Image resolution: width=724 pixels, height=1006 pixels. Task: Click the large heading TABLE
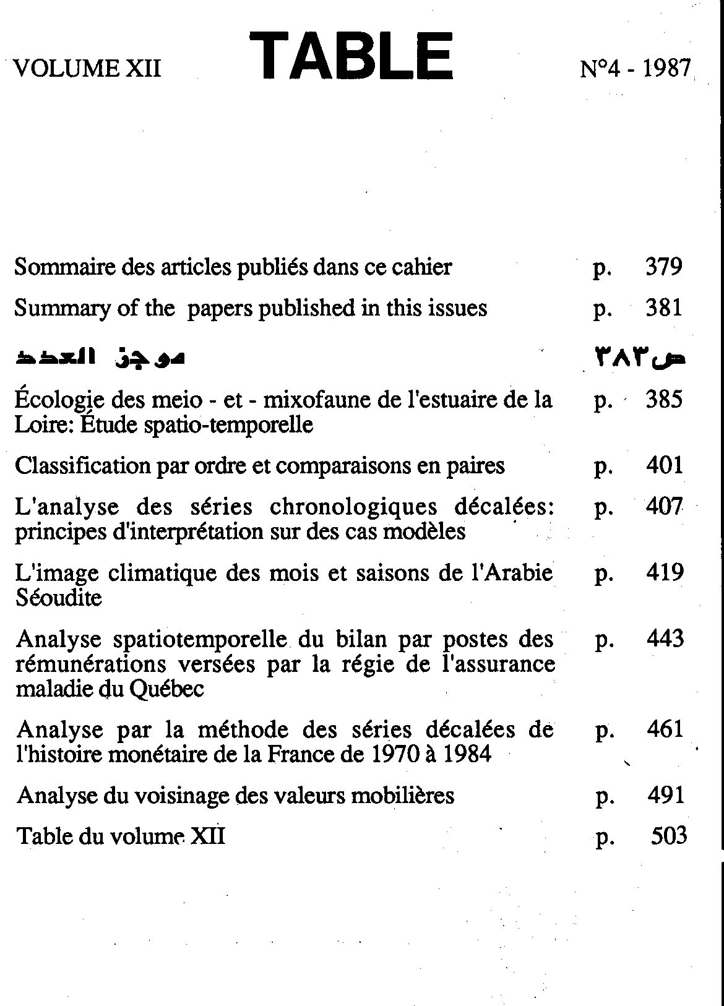351,57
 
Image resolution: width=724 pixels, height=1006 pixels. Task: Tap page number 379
664,267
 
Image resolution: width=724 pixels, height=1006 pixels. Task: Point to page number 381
664,307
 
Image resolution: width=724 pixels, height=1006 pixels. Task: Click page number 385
664,400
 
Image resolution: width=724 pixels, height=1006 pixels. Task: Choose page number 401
664,465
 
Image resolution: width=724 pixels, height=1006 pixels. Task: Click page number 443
665,638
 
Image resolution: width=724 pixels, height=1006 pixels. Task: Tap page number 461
665,729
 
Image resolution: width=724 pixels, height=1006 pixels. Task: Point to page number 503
669,836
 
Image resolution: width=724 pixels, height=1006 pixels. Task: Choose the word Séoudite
58,598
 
